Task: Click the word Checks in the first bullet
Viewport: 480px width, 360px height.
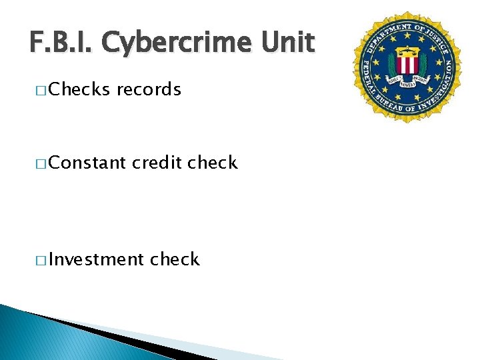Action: click(79, 90)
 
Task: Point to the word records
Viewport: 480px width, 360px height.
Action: click(149, 90)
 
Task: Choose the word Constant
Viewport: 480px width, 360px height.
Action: click(87, 163)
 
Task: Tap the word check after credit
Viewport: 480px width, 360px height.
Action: click(213, 163)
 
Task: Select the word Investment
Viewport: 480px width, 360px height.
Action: click(96, 259)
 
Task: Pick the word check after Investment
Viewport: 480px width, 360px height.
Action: click(175, 259)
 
